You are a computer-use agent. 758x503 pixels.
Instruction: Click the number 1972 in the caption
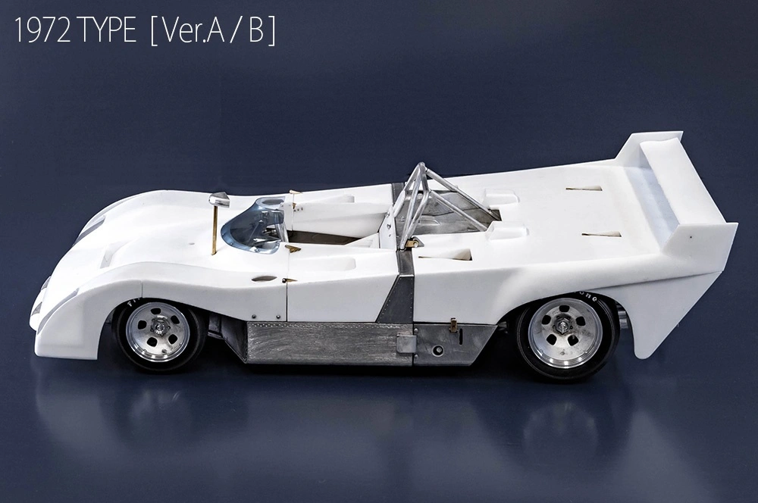(x=43, y=31)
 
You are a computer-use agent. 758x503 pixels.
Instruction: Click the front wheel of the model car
(x=159, y=333)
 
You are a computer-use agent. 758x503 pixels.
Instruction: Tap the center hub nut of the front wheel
(x=158, y=327)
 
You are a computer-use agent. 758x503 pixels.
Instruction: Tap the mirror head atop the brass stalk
(x=219, y=199)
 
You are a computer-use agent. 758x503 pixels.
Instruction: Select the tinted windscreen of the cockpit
(x=252, y=227)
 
